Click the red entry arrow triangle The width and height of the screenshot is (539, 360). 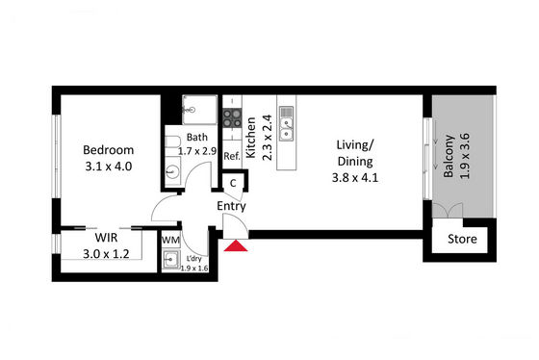[236, 245]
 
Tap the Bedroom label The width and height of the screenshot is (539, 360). [108, 150]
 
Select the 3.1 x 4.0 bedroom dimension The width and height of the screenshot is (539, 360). [108, 167]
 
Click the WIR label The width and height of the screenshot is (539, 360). [106, 238]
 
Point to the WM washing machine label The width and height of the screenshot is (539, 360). [170, 240]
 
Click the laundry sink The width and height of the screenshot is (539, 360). [171, 259]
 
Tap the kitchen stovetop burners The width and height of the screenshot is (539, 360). [232, 118]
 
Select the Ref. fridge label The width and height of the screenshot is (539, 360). [232, 157]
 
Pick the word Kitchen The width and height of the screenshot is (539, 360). [251, 138]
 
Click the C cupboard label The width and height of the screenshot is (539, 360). [233, 183]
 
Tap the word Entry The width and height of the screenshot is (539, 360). [231, 206]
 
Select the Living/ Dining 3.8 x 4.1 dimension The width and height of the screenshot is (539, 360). [355, 178]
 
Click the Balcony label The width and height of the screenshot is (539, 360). [449, 156]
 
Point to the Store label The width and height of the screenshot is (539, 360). [462, 239]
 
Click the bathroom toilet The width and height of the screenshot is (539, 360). [172, 141]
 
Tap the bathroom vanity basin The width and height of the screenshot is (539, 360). [172, 171]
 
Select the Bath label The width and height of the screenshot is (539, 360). [197, 138]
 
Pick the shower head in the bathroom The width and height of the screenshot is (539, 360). [189, 110]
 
